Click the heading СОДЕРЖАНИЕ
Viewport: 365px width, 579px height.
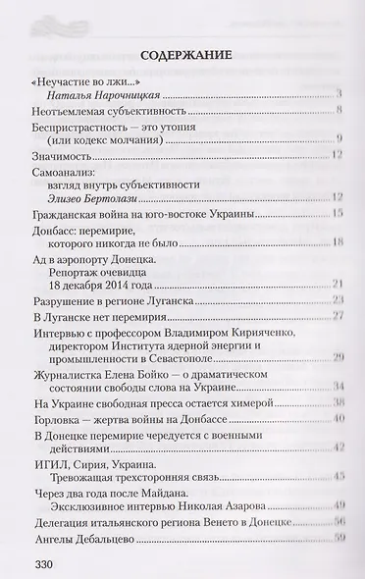coord(183,55)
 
